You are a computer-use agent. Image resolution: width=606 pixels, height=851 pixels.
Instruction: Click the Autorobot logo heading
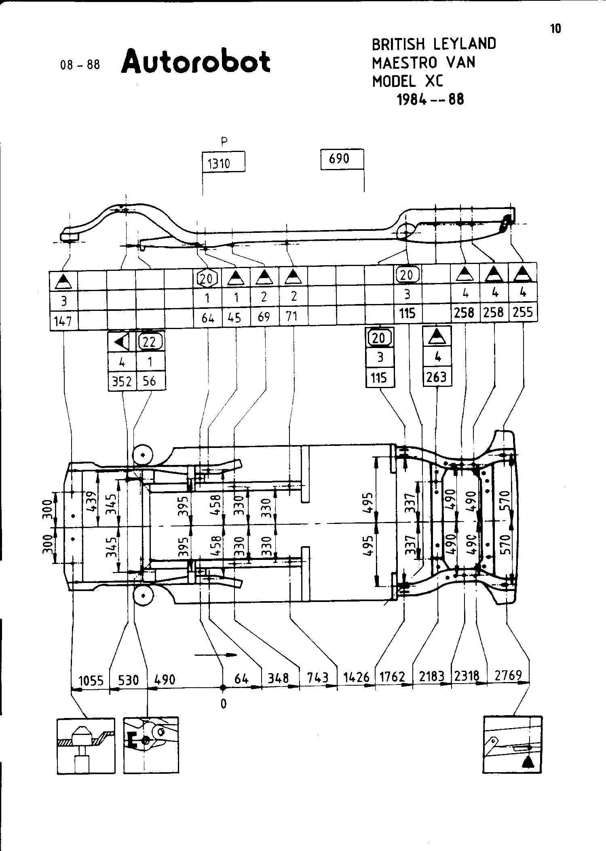click(195, 62)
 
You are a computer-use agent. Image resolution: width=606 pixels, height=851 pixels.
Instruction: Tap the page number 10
click(555, 29)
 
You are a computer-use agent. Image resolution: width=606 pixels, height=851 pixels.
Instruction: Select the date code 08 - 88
click(80, 65)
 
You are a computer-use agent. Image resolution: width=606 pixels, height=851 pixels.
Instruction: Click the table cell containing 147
click(63, 321)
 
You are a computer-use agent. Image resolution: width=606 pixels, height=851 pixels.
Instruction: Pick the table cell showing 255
click(523, 312)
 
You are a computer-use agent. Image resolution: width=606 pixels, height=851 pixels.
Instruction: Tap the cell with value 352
click(122, 381)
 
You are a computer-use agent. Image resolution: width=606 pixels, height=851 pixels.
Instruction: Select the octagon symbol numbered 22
click(150, 342)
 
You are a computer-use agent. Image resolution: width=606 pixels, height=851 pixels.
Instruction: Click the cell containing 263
click(437, 377)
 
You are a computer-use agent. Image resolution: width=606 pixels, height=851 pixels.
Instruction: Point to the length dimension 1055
click(91, 680)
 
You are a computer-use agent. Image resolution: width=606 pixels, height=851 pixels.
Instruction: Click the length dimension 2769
click(508, 675)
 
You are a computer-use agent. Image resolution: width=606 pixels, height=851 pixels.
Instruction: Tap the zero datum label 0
click(223, 704)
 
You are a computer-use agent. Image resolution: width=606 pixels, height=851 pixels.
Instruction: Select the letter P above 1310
click(224, 141)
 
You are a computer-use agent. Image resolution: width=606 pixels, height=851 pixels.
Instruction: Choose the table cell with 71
click(293, 316)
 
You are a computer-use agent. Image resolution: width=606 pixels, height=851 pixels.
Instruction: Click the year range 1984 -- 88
click(431, 99)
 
